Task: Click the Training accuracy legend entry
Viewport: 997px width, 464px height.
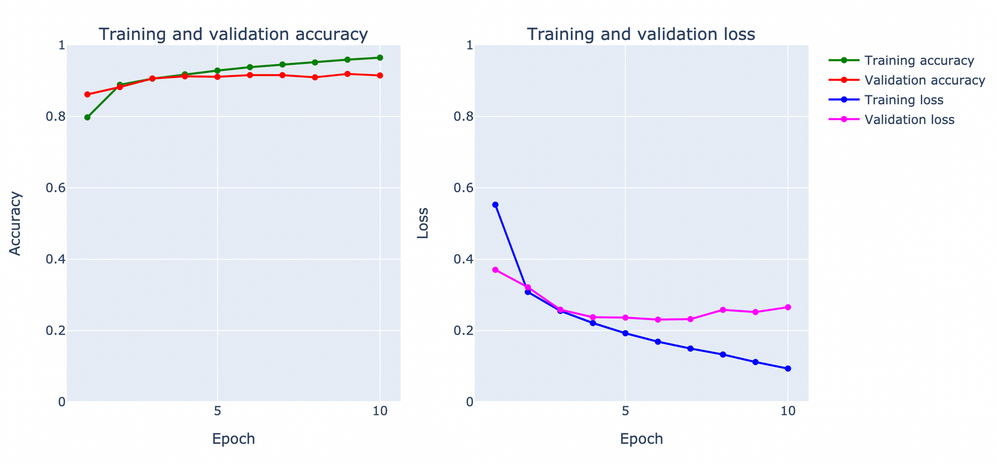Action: coord(918,60)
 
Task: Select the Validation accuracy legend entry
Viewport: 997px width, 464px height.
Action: coord(924,80)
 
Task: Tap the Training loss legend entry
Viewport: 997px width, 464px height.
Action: coord(904,100)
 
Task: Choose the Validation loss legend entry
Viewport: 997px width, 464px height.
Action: coord(909,120)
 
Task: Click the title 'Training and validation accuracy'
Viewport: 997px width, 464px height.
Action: coord(233,34)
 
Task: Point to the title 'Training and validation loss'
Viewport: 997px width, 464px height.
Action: coord(641,34)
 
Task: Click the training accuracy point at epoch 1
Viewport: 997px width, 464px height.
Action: coord(87,117)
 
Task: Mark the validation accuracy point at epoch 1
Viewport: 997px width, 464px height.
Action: coord(87,95)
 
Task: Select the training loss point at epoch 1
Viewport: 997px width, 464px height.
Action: coord(495,205)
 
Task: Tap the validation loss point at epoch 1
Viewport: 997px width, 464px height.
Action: coord(495,270)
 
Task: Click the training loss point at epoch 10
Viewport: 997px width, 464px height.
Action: coord(788,369)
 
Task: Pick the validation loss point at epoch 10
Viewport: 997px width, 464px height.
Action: coord(788,307)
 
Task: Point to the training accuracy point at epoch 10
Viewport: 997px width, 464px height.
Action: coord(380,57)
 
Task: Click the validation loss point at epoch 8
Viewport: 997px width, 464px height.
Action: coord(723,310)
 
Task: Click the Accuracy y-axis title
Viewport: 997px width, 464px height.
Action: coord(16,223)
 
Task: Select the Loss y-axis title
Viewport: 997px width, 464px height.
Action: coord(423,223)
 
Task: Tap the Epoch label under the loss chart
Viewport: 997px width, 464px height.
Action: coord(641,438)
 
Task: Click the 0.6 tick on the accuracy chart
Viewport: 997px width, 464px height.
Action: coord(57,188)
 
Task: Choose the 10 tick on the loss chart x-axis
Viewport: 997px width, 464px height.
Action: coord(788,411)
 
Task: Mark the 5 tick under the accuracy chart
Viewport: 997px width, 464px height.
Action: coord(217,411)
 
